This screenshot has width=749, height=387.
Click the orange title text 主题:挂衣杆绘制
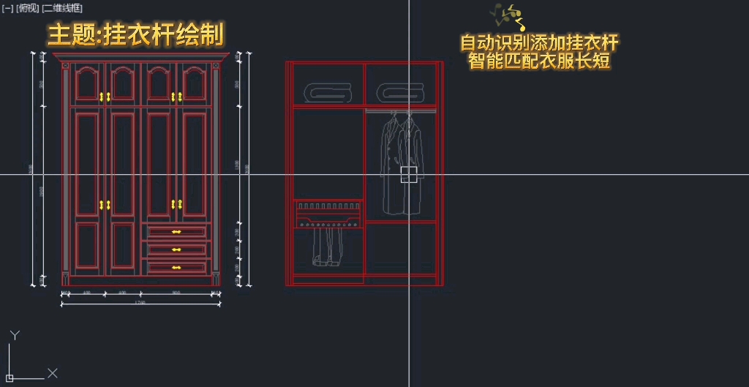136,34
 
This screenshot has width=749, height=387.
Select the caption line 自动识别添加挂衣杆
539,43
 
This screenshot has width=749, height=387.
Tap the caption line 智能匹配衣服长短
539,61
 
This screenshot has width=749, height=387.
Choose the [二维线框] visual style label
62,7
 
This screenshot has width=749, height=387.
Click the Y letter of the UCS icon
14,335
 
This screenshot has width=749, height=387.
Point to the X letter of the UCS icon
53,373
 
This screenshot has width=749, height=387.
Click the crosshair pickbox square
408,174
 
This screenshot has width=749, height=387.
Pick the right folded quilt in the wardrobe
400,92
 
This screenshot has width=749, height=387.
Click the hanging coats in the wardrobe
401,161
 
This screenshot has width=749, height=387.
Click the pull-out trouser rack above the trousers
328,214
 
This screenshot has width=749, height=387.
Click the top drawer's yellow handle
176,232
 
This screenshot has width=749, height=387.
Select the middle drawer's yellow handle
176,250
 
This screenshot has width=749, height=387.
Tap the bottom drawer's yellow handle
176,268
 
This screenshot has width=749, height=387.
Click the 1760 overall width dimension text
140,302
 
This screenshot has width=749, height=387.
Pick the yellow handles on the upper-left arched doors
105,96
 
